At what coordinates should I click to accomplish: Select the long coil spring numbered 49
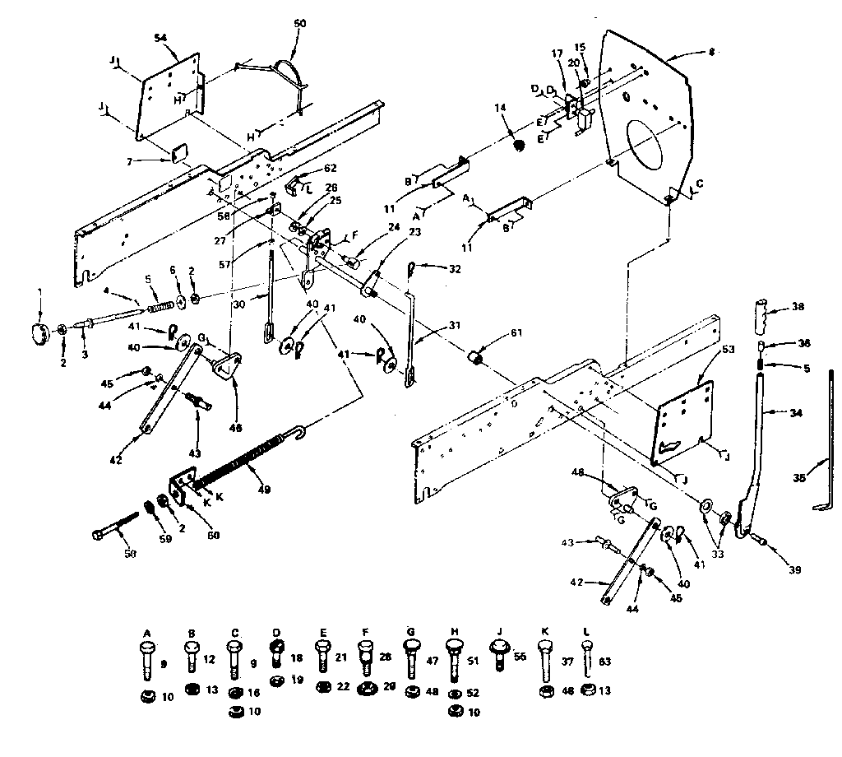tap(247, 463)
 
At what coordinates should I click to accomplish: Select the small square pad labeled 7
tap(179, 154)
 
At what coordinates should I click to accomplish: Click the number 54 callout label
tap(161, 39)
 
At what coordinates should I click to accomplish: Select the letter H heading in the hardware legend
tap(454, 632)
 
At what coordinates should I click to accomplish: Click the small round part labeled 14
tap(519, 146)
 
